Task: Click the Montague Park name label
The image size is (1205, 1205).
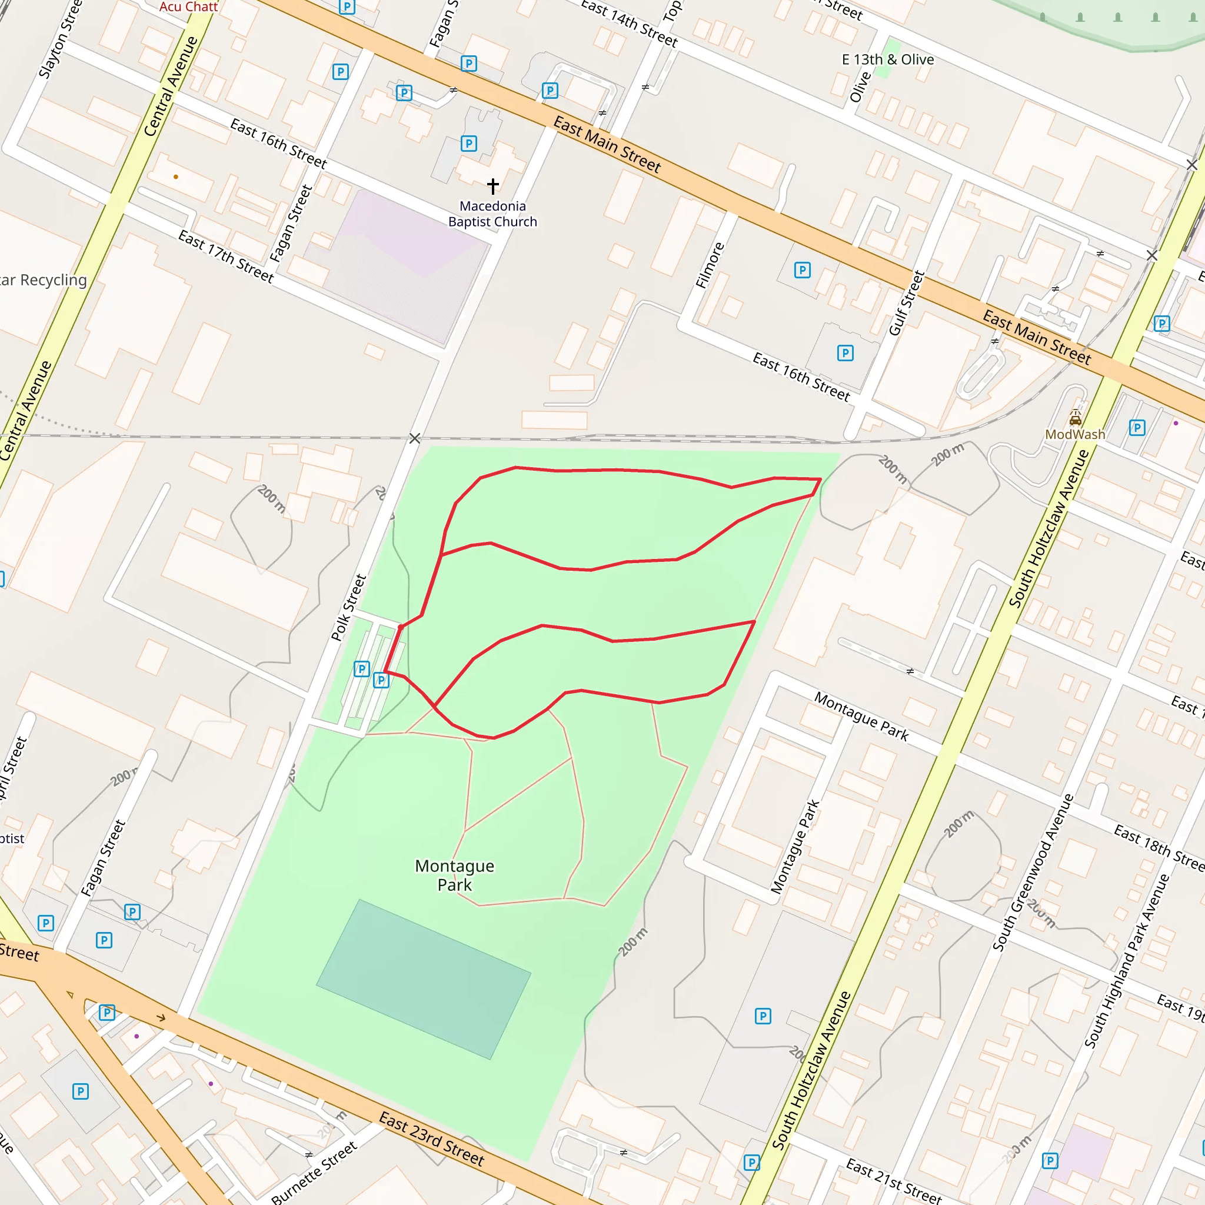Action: coord(454,875)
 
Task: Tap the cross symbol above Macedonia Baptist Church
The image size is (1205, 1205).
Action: coord(492,185)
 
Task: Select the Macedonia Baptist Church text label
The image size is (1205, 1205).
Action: coord(492,214)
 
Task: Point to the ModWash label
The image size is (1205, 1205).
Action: coord(1074,434)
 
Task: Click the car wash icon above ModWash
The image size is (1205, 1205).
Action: coord(1076,417)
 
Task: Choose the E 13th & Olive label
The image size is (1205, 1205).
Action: coord(887,60)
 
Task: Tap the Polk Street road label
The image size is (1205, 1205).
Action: coord(348,607)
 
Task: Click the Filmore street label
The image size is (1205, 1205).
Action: coord(710,265)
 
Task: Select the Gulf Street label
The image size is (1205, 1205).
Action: coord(906,303)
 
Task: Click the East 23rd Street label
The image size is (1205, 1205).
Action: coord(432,1139)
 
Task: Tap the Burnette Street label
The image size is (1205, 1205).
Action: coord(314,1172)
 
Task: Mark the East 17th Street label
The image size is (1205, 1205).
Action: coord(226,257)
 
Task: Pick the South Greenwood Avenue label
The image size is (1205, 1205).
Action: coord(1033,873)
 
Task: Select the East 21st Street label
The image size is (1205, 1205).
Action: coord(893,1180)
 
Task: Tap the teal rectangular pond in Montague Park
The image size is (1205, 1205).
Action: coord(424,978)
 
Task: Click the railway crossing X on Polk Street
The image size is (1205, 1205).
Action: coord(415,438)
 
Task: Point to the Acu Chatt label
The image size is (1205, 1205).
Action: coord(188,7)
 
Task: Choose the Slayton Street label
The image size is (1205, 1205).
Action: coord(60,39)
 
